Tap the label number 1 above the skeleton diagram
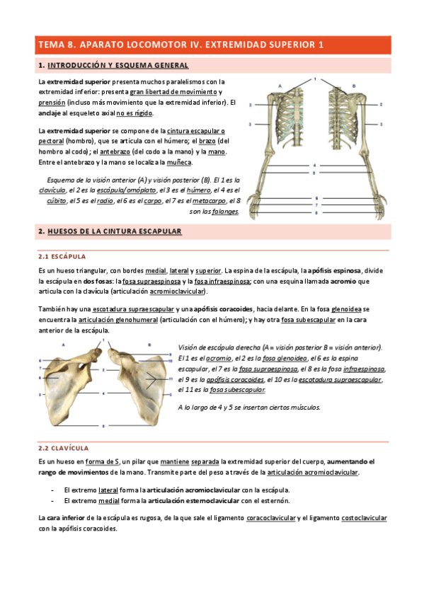pos(316,79)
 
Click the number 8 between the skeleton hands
pos(316,212)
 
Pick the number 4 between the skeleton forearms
pos(316,166)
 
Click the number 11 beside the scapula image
pos(173,380)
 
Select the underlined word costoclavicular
pos(364,519)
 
